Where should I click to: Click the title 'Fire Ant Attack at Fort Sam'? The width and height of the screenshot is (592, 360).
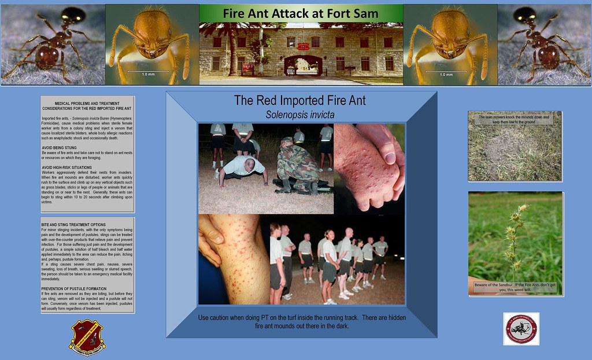click(301, 13)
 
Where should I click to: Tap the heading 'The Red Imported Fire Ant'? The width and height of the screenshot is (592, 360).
click(300, 101)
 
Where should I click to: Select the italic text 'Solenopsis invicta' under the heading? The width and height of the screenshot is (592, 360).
click(300, 114)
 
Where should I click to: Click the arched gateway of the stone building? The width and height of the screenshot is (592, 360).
click(302, 65)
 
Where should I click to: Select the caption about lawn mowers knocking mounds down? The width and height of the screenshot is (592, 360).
click(514, 120)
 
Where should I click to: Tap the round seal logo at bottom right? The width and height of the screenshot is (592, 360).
click(521, 329)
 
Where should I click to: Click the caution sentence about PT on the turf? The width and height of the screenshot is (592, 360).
click(301, 322)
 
